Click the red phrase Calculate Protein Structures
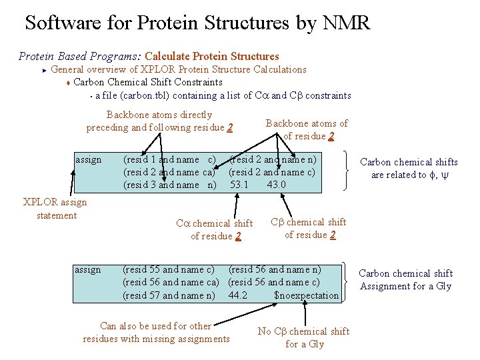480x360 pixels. [211, 57]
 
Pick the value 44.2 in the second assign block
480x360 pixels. [238, 295]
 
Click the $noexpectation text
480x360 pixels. [306, 295]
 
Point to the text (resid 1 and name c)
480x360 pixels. [169, 159]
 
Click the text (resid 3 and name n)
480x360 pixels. [169, 185]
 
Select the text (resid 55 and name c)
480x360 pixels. [169, 269]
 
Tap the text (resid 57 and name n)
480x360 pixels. [169, 295]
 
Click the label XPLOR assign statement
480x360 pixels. [55, 209]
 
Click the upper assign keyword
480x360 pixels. [89, 159]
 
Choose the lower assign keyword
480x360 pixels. [88, 269]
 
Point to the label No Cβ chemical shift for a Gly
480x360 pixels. [303, 337]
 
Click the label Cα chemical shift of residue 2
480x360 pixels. [214, 229]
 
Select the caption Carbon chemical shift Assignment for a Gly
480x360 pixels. [405, 280]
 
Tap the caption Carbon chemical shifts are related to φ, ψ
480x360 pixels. [409, 168]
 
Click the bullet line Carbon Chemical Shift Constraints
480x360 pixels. [148, 82]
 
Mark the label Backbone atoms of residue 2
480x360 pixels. [307, 129]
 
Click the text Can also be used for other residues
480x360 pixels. [156, 332]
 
